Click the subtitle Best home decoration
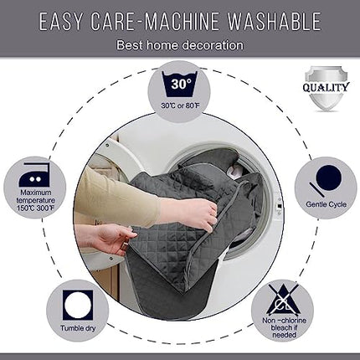click(x=180, y=45)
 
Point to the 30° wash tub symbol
click(x=181, y=84)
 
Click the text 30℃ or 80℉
click(x=180, y=105)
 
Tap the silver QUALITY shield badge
click(x=327, y=88)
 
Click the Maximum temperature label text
click(x=36, y=200)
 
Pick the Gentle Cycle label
click(x=326, y=204)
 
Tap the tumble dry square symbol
click(x=78, y=305)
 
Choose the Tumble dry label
click(x=78, y=328)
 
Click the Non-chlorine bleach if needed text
click(x=284, y=327)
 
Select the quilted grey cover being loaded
click(x=193, y=224)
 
